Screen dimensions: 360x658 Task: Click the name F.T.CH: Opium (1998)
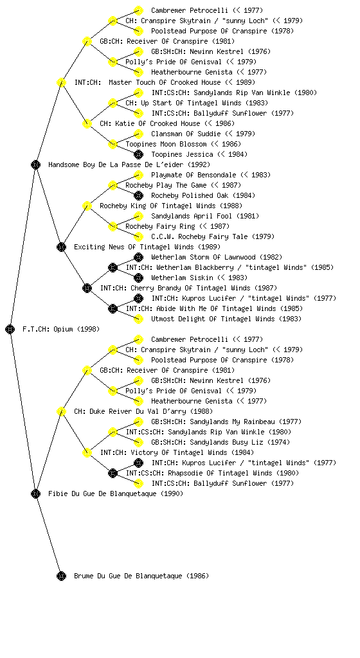click(x=61, y=329)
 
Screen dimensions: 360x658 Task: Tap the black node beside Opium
click(x=10, y=329)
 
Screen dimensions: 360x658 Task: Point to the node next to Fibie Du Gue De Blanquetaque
click(x=35, y=493)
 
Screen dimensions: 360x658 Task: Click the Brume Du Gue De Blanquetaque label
click(x=141, y=576)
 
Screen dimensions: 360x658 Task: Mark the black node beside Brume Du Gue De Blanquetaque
click(x=61, y=576)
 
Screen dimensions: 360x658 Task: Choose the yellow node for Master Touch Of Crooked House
click(x=61, y=82)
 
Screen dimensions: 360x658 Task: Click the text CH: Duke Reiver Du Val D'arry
click(x=143, y=411)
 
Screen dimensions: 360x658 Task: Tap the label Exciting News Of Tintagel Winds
click(x=147, y=247)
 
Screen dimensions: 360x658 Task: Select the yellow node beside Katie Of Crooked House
click(x=87, y=123)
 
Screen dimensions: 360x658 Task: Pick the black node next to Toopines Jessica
click(x=138, y=154)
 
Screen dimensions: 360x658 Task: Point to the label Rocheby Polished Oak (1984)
click(x=203, y=195)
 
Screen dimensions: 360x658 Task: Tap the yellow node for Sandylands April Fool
click(x=138, y=216)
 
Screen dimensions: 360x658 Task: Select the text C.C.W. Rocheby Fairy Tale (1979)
click(x=213, y=236)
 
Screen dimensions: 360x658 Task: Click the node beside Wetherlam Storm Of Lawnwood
click(x=138, y=257)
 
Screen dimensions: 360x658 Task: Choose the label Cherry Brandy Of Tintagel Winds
click(x=188, y=288)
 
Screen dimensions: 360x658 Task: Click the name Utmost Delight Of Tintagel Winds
click(x=226, y=319)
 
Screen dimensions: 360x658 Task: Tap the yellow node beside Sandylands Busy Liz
click(x=138, y=442)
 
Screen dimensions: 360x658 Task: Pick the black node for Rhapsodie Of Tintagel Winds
click(x=113, y=473)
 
